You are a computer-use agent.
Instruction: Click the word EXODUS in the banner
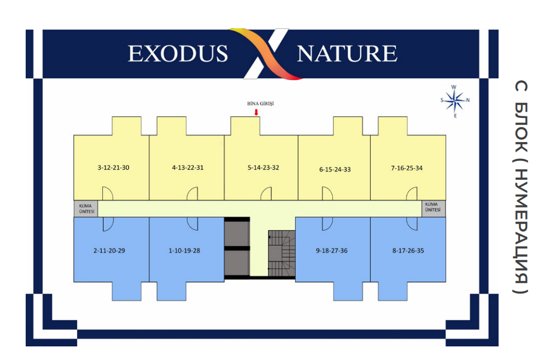(178, 53)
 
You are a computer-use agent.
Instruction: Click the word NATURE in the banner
(347, 53)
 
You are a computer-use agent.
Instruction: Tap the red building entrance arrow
(256, 112)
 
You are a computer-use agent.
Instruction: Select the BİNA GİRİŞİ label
(261, 104)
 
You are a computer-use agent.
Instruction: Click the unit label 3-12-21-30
(113, 168)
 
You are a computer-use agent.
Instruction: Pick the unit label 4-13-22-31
(188, 168)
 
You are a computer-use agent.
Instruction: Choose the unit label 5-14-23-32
(263, 168)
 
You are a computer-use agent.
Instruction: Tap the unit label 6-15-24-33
(334, 169)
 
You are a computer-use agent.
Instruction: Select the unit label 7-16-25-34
(407, 168)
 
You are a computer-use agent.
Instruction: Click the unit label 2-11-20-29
(109, 250)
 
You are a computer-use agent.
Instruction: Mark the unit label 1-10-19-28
(184, 250)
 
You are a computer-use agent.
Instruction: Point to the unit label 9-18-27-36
(332, 250)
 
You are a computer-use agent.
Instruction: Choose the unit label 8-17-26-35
(408, 250)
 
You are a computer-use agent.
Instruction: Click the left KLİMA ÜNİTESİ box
(86, 209)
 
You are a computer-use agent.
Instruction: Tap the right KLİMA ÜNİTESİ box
(434, 209)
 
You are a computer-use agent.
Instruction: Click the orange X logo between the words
(267, 54)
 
